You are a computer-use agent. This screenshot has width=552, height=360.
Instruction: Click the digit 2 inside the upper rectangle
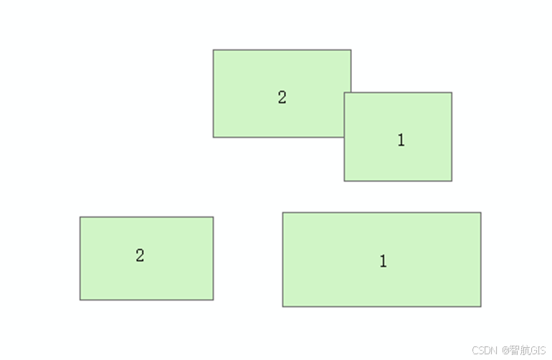(x=282, y=98)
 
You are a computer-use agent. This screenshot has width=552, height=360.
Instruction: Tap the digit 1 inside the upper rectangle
(x=401, y=141)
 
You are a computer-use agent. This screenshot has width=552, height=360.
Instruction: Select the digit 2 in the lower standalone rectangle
(x=140, y=255)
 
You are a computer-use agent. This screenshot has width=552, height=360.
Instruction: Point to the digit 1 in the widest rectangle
(x=383, y=261)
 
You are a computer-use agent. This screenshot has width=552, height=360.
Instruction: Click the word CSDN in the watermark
(x=485, y=350)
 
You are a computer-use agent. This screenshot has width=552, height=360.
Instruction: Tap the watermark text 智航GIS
(x=528, y=350)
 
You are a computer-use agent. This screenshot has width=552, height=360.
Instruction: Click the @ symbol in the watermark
(x=505, y=350)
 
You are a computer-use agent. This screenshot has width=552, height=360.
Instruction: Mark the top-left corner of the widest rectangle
(x=282, y=212)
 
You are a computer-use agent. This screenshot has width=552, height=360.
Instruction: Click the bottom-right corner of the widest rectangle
(x=480, y=306)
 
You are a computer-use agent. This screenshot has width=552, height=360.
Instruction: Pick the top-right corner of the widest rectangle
(x=480, y=212)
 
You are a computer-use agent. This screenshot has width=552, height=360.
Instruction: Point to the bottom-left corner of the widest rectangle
(x=282, y=306)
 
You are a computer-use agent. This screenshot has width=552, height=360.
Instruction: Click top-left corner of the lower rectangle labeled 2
(x=80, y=217)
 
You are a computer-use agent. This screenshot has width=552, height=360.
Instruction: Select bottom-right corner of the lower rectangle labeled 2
(x=213, y=300)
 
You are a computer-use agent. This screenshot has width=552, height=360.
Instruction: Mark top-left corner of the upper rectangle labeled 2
(x=213, y=49)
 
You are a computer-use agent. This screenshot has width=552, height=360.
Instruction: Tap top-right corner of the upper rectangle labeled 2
(x=351, y=49)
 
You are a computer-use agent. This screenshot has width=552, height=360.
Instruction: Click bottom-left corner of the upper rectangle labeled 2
(x=213, y=137)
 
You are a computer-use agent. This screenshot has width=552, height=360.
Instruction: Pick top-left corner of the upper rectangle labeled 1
(x=344, y=93)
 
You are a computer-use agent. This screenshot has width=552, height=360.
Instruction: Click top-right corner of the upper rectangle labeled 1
(x=452, y=93)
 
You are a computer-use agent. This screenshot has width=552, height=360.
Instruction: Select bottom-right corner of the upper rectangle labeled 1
(x=452, y=181)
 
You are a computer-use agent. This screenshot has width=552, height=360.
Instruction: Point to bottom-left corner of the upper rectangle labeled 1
(x=344, y=181)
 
